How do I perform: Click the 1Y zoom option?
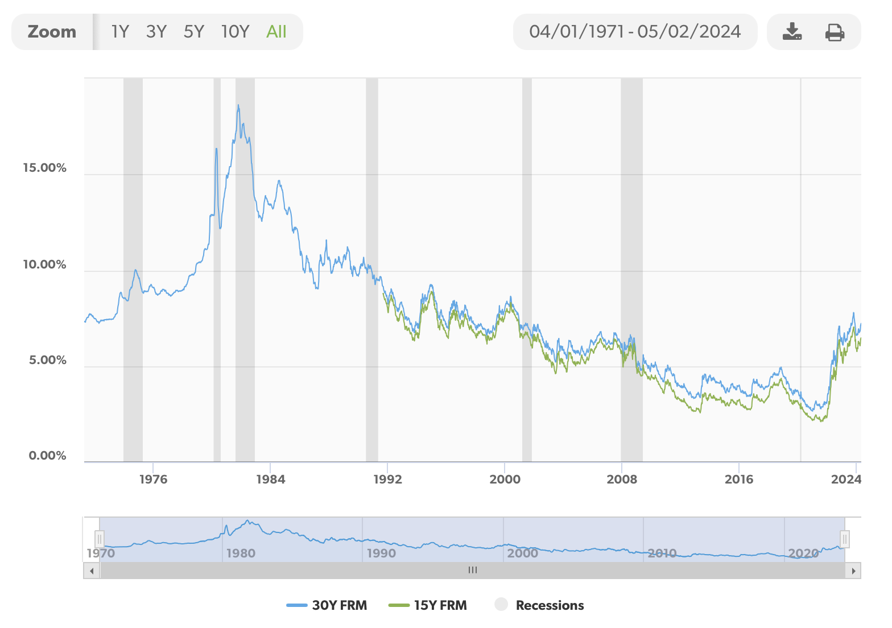[x=120, y=32]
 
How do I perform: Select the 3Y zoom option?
[x=156, y=32]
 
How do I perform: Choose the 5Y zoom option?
[x=193, y=32]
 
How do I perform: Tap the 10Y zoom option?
[x=235, y=32]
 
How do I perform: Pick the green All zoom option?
[x=276, y=32]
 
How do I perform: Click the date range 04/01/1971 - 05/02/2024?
[x=635, y=32]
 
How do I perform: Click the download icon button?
[x=792, y=32]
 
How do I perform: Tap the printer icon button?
[x=835, y=32]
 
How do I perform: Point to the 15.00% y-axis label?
[x=45, y=168]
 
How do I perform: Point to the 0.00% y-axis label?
[x=48, y=456]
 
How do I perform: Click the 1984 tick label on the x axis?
[x=271, y=479]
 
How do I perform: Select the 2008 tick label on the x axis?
[x=622, y=479]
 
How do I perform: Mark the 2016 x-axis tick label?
[x=739, y=479]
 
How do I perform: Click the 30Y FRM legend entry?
[x=327, y=605]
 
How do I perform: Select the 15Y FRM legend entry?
[x=428, y=605]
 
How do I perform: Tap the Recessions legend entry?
[x=539, y=605]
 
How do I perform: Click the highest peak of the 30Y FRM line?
[x=238, y=105]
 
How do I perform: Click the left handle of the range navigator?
[x=100, y=539]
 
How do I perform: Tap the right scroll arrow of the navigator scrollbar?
[x=853, y=571]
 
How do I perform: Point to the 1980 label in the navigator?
[x=241, y=553]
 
